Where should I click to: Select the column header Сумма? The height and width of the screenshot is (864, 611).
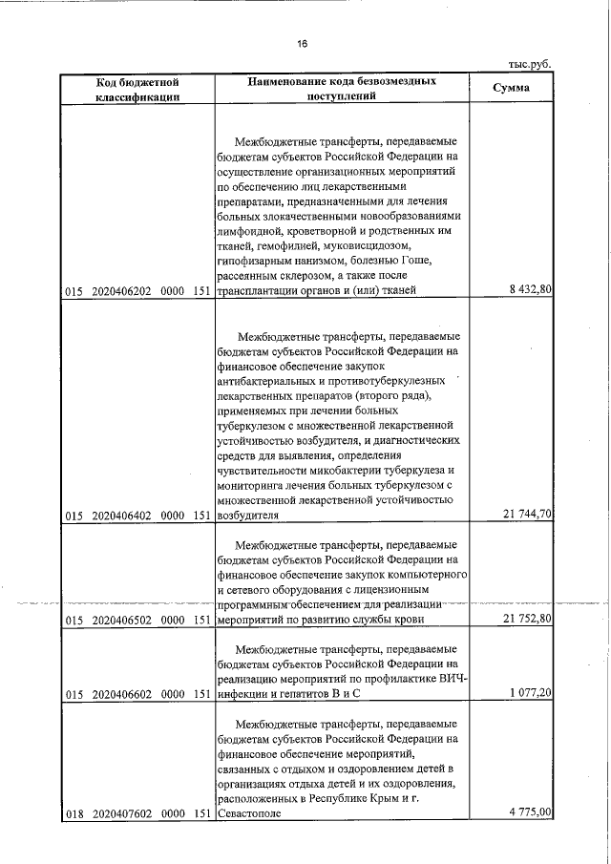[511, 89]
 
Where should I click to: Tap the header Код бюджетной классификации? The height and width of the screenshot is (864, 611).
[138, 90]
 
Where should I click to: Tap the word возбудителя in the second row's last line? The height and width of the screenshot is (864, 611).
[249, 516]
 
